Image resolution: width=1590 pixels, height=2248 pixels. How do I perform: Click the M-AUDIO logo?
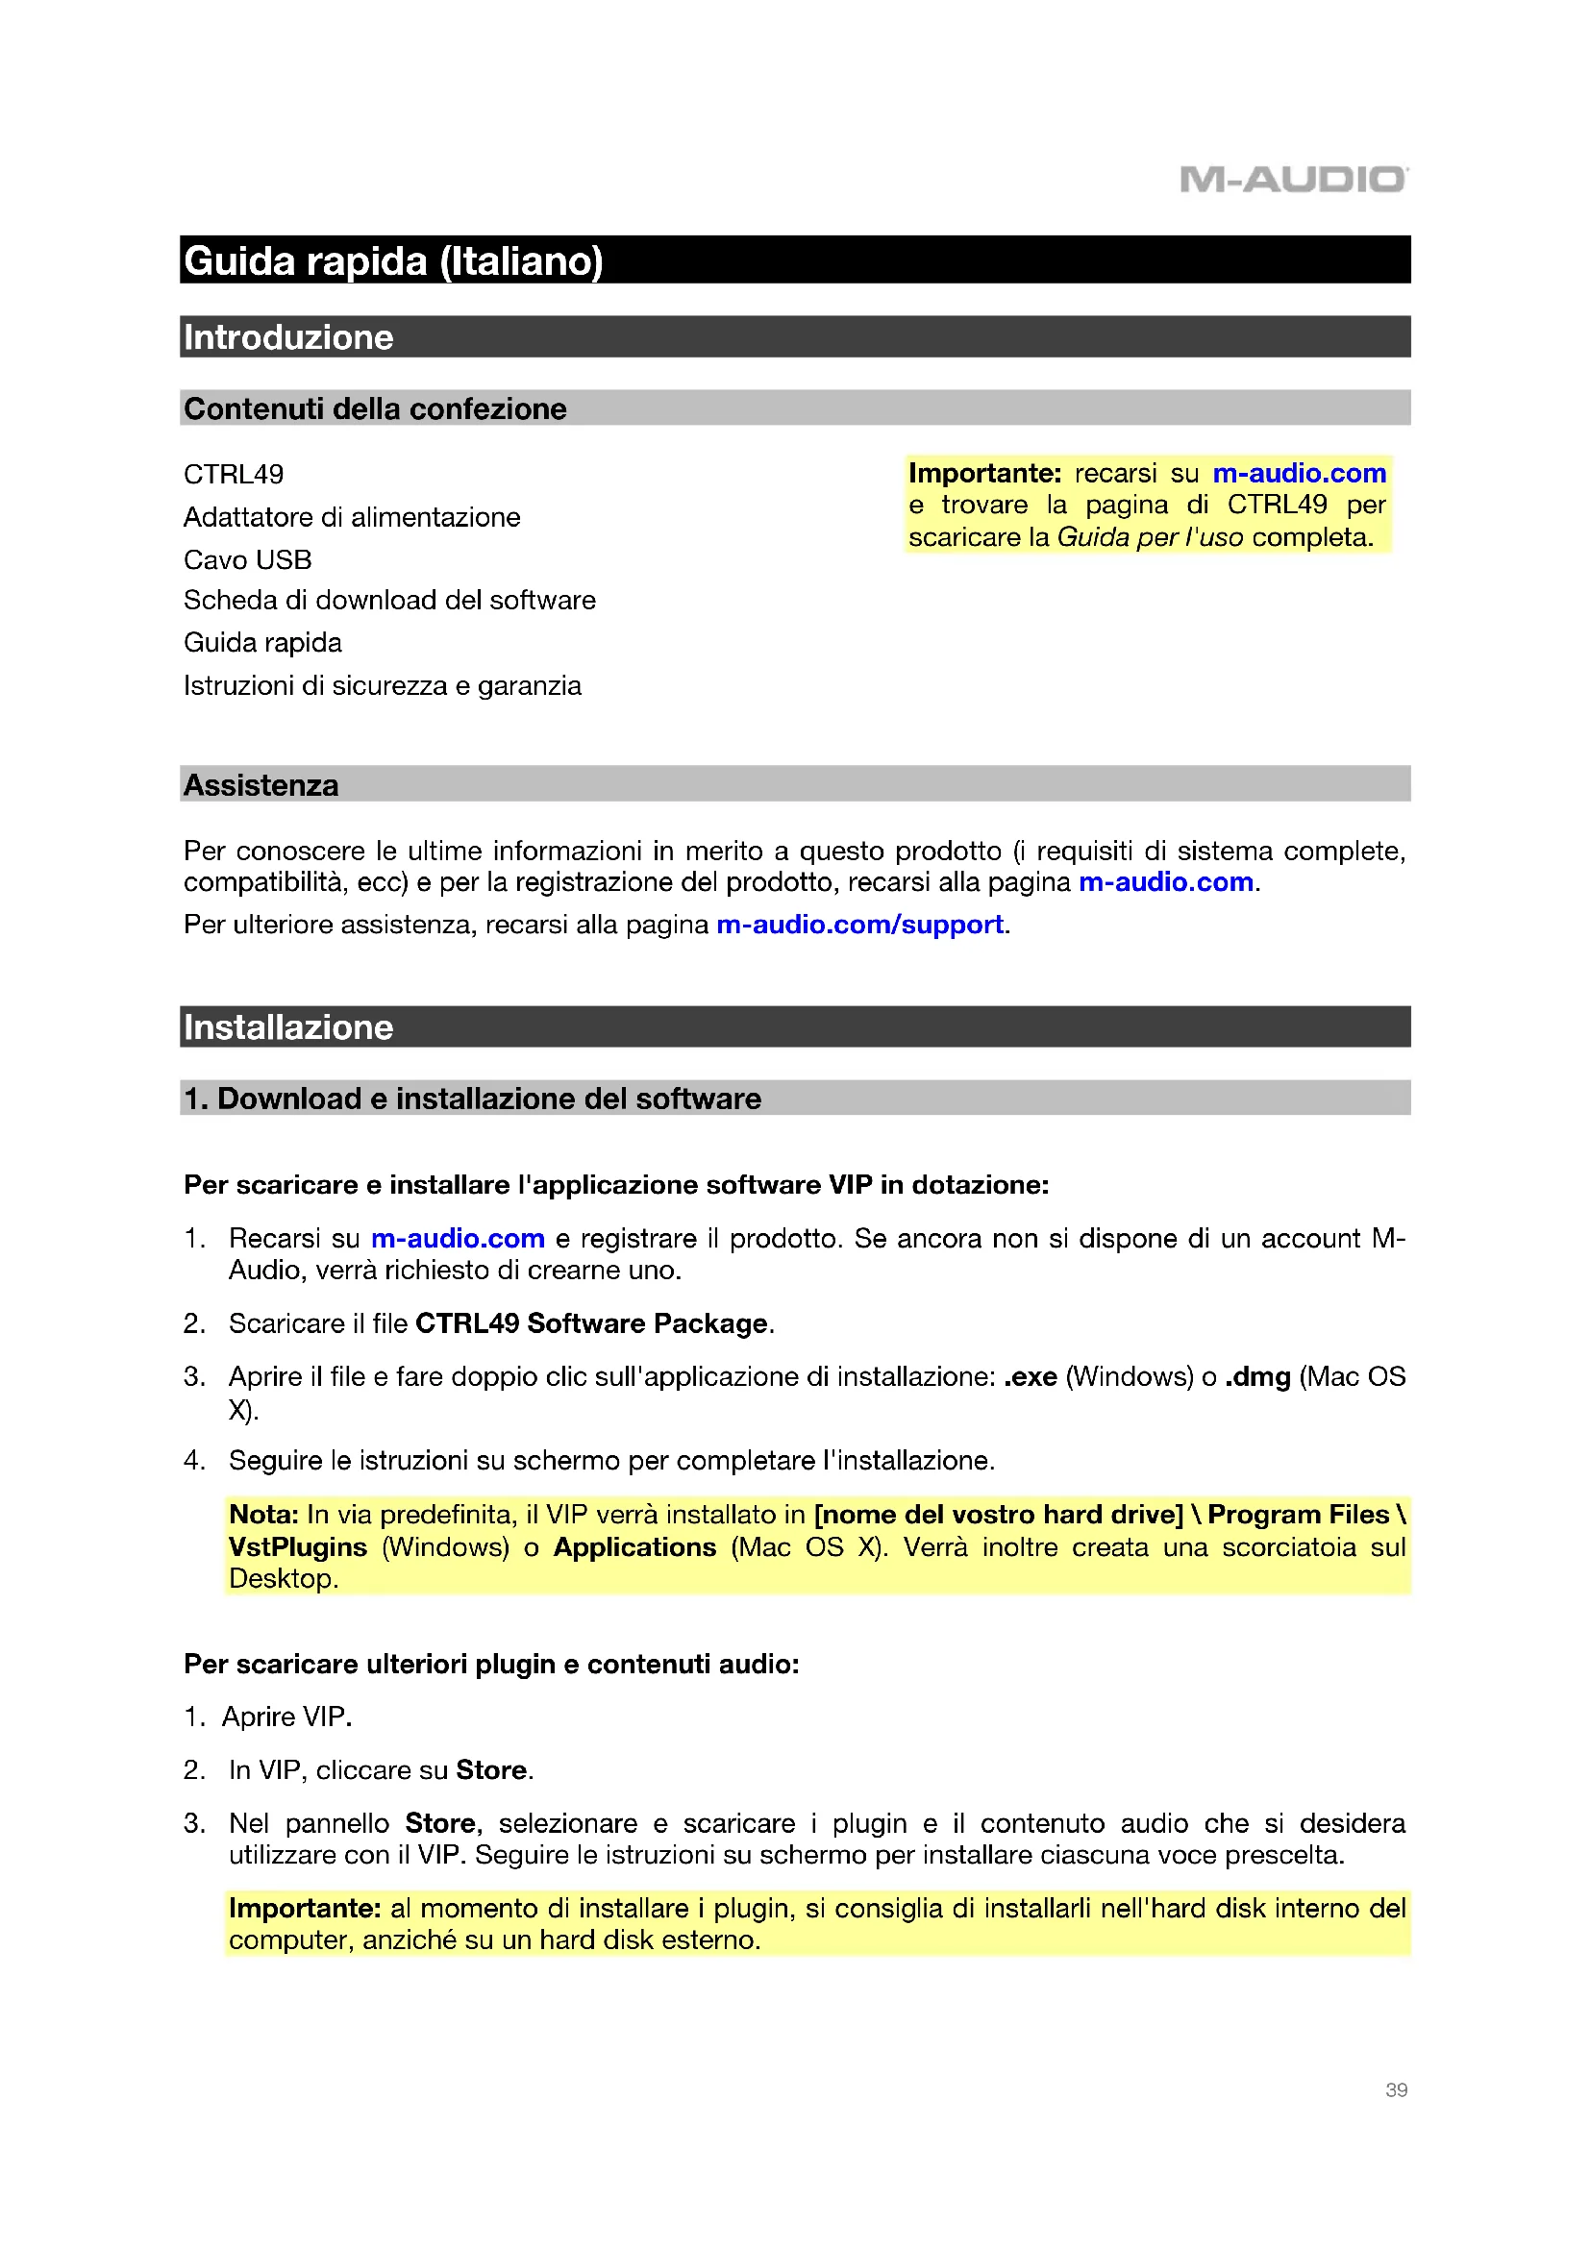pyautogui.click(x=1293, y=179)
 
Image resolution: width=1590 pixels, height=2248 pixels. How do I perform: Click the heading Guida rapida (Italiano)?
pyautogui.click(x=392, y=261)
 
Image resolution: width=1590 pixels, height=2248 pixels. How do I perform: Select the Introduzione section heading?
pyautogui.click(x=287, y=336)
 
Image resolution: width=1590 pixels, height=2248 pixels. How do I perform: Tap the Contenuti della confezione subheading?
pyautogui.click(x=375, y=408)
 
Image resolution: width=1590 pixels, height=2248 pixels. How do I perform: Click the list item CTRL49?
pyautogui.click(x=233, y=474)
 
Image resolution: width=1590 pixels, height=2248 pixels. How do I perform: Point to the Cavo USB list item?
pyautogui.click(x=247, y=559)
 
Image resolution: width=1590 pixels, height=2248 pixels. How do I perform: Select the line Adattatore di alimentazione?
pyautogui.click(x=352, y=517)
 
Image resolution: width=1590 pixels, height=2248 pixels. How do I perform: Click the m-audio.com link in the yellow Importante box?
pyautogui.click(x=1300, y=473)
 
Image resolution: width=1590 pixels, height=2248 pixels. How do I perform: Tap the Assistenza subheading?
pyautogui.click(x=261, y=785)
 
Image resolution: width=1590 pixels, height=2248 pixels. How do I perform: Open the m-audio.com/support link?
pyautogui.click(x=858, y=925)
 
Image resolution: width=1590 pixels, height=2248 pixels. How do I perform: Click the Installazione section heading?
pyautogui.click(x=287, y=1027)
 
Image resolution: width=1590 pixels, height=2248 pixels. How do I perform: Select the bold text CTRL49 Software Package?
pyautogui.click(x=591, y=1323)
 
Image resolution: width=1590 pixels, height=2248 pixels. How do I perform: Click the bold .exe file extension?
pyautogui.click(x=1030, y=1376)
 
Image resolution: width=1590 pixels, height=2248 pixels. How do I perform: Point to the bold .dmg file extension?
pyautogui.click(x=1257, y=1376)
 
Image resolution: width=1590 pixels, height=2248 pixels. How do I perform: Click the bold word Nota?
pyautogui.click(x=263, y=1515)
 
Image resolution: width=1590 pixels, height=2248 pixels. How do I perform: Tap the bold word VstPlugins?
pyautogui.click(x=298, y=1547)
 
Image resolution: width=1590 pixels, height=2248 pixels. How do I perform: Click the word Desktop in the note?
pyautogui.click(x=282, y=1578)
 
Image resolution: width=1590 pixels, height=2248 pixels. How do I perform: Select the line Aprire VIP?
pyautogui.click(x=286, y=1717)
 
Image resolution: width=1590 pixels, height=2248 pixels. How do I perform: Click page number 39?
pyautogui.click(x=1396, y=2089)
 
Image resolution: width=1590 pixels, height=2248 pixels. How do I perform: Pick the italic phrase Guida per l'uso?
pyautogui.click(x=1150, y=537)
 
